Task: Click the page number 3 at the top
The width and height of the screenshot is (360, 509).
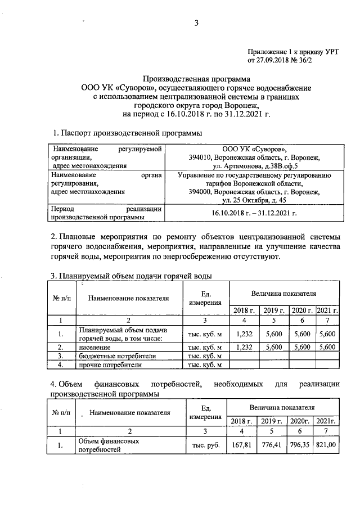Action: pyautogui.click(x=196, y=23)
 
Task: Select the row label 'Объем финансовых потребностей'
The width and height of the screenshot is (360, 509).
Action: pyautogui.click(x=108, y=445)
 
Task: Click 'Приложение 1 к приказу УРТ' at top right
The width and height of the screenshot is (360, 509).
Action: pyautogui.click(x=291, y=51)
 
